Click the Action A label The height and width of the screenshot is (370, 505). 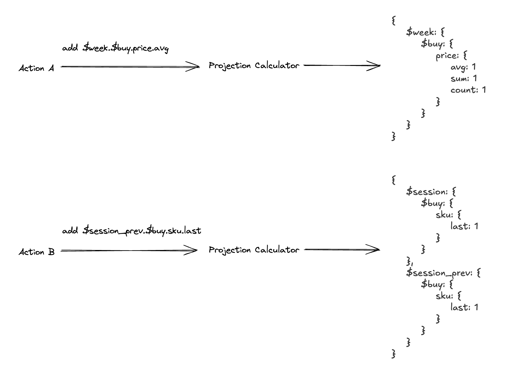[36, 68]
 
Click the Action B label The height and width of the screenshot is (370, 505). [36, 252]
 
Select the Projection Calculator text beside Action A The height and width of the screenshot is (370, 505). [254, 66]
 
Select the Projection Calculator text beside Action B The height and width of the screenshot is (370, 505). [254, 250]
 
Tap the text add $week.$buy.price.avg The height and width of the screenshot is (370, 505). [115, 48]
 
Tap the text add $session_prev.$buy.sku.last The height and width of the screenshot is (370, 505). [132, 231]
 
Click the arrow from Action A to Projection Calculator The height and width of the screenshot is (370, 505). [130, 67]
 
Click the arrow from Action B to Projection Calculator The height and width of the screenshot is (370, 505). [129, 251]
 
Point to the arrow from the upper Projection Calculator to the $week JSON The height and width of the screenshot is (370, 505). [342, 65]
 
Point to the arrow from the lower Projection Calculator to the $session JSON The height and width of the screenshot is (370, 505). [342, 250]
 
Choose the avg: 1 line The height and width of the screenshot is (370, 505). [463, 67]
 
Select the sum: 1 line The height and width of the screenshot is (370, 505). [464, 79]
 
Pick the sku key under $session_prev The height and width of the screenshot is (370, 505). [445, 296]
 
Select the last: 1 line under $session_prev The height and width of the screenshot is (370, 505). [464, 307]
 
